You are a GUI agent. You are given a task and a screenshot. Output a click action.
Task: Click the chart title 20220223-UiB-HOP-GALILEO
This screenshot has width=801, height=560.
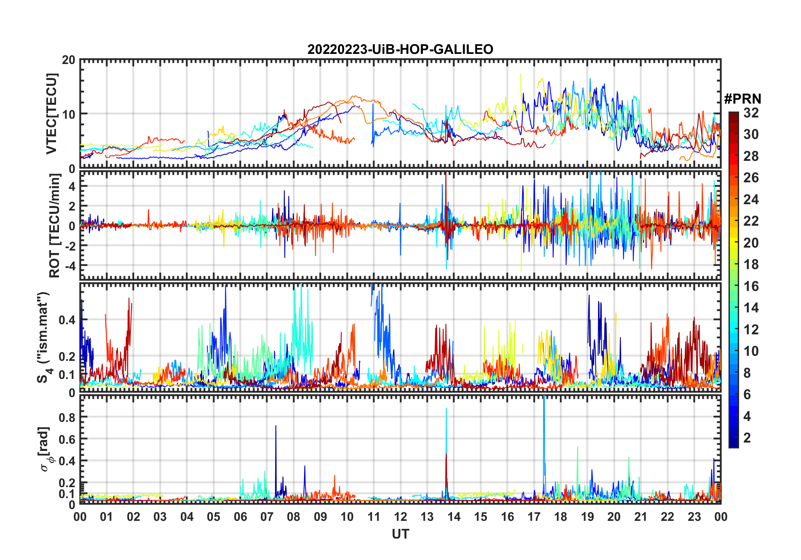pyautogui.click(x=400, y=50)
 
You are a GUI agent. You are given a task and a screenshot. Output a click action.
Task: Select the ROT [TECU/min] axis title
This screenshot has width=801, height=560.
pyautogui.click(x=54, y=225)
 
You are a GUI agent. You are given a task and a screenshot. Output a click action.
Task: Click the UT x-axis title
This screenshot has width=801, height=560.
pyautogui.click(x=400, y=534)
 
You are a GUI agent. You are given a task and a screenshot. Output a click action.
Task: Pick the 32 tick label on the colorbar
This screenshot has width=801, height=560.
pyautogui.click(x=751, y=113)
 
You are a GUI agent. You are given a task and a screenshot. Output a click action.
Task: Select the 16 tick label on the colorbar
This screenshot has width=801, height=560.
pyautogui.click(x=751, y=286)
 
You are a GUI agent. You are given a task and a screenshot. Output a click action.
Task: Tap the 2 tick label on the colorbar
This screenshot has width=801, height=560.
pyautogui.click(x=747, y=438)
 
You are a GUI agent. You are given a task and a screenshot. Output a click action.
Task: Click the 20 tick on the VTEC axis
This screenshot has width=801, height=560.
pyautogui.click(x=69, y=60)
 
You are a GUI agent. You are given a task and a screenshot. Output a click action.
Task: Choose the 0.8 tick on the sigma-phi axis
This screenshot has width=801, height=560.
pyautogui.click(x=67, y=417)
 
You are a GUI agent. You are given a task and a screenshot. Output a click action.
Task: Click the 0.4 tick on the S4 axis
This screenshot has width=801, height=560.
pyautogui.click(x=67, y=320)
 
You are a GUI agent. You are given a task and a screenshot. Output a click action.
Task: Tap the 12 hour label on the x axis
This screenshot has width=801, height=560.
pyautogui.click(x=400, y=517)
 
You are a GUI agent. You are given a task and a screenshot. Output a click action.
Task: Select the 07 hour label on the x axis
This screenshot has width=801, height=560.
pyautogui.click(x=267, y=517)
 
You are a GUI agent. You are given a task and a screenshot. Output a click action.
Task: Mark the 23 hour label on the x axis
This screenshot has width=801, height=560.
pyautogui.click(x=694, y=517)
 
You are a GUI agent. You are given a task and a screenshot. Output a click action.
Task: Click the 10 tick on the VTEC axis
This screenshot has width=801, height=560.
pyautogui.click(x=69, y=114)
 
